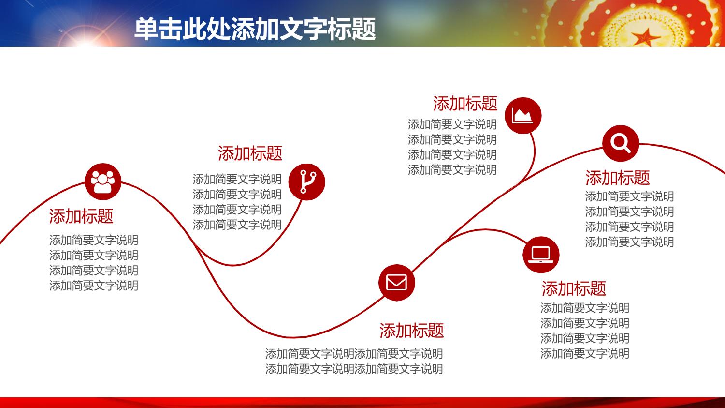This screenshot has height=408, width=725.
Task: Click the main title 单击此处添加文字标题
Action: [255, 29]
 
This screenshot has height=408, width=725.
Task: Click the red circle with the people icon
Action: [103, 181]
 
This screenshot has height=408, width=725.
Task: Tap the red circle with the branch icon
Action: [306, 182]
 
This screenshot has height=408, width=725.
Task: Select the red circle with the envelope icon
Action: [396, 283]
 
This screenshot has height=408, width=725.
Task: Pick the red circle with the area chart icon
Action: [523, 115]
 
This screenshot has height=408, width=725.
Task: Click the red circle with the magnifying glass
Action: [621, 143]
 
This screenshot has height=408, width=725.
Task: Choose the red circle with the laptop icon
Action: [541, 255]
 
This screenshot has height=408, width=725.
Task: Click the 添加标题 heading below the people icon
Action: [81, 216]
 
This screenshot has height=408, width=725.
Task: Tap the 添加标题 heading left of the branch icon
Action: [250, 153]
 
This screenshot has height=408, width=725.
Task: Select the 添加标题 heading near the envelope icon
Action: [411, 331]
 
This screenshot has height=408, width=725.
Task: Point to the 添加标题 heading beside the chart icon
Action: [465, 104]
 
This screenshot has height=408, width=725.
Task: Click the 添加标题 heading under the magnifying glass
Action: [618, 178]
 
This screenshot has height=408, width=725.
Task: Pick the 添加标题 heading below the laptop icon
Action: [574, 288]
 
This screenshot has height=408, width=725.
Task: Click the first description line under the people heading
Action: [94, 240]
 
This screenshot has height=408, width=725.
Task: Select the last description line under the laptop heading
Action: [585, 354]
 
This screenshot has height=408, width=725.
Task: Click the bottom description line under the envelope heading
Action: [354, 369]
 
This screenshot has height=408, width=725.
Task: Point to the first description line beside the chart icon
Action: [452, 124]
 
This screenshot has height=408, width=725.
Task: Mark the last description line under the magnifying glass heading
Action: [629, 242]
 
